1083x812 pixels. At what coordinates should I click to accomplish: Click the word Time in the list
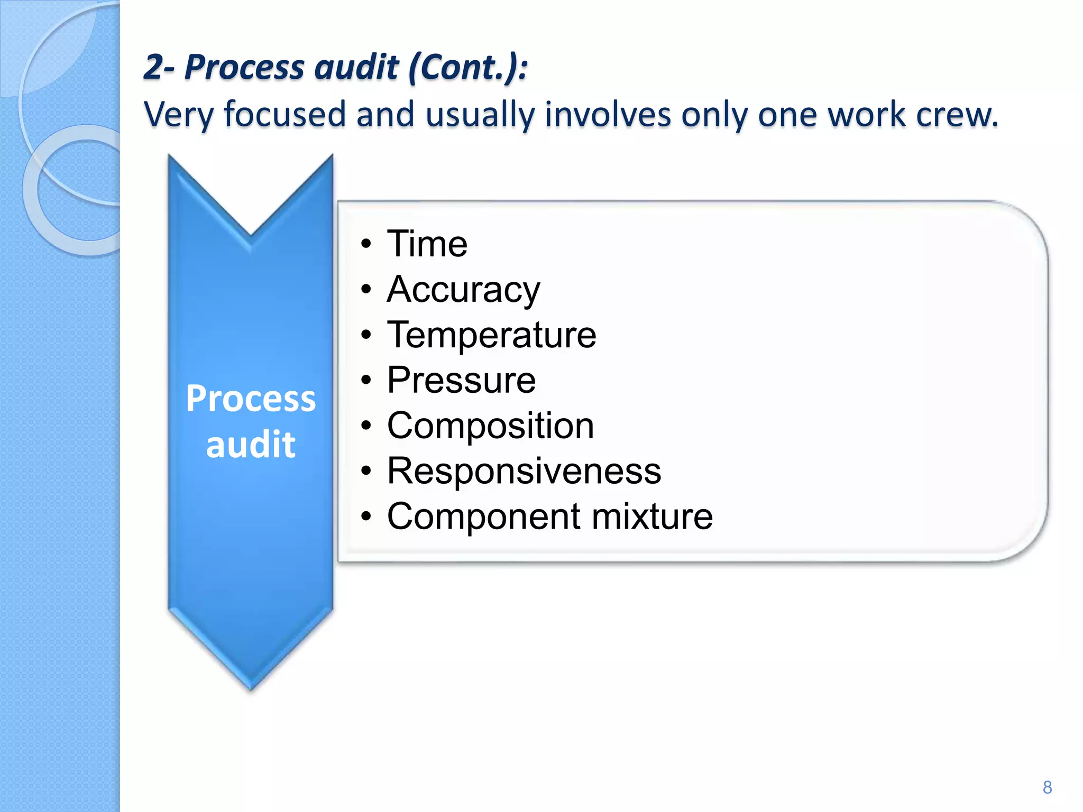coord(427,244)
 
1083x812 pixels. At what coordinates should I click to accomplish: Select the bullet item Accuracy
coord(463,290)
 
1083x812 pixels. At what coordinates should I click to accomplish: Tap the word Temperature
coord(491,335)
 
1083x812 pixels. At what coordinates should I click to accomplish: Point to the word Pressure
coord(461,380)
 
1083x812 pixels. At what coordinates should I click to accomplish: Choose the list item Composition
coord(490,426)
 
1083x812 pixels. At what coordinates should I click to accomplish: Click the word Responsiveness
coord(524,470)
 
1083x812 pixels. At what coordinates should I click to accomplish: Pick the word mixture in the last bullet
coord(652,516)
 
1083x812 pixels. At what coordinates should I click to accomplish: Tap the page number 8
coord(1047,787)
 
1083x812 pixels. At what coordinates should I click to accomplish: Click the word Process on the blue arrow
coord(251,399)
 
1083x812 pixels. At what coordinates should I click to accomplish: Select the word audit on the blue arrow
coord(251,444)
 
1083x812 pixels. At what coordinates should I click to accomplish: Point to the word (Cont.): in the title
coord(468,68)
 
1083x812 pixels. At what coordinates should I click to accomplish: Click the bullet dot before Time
coord(366,245)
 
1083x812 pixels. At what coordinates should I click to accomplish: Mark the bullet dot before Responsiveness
coord(366,471)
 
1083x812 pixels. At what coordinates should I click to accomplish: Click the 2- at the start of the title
coord(159,68)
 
